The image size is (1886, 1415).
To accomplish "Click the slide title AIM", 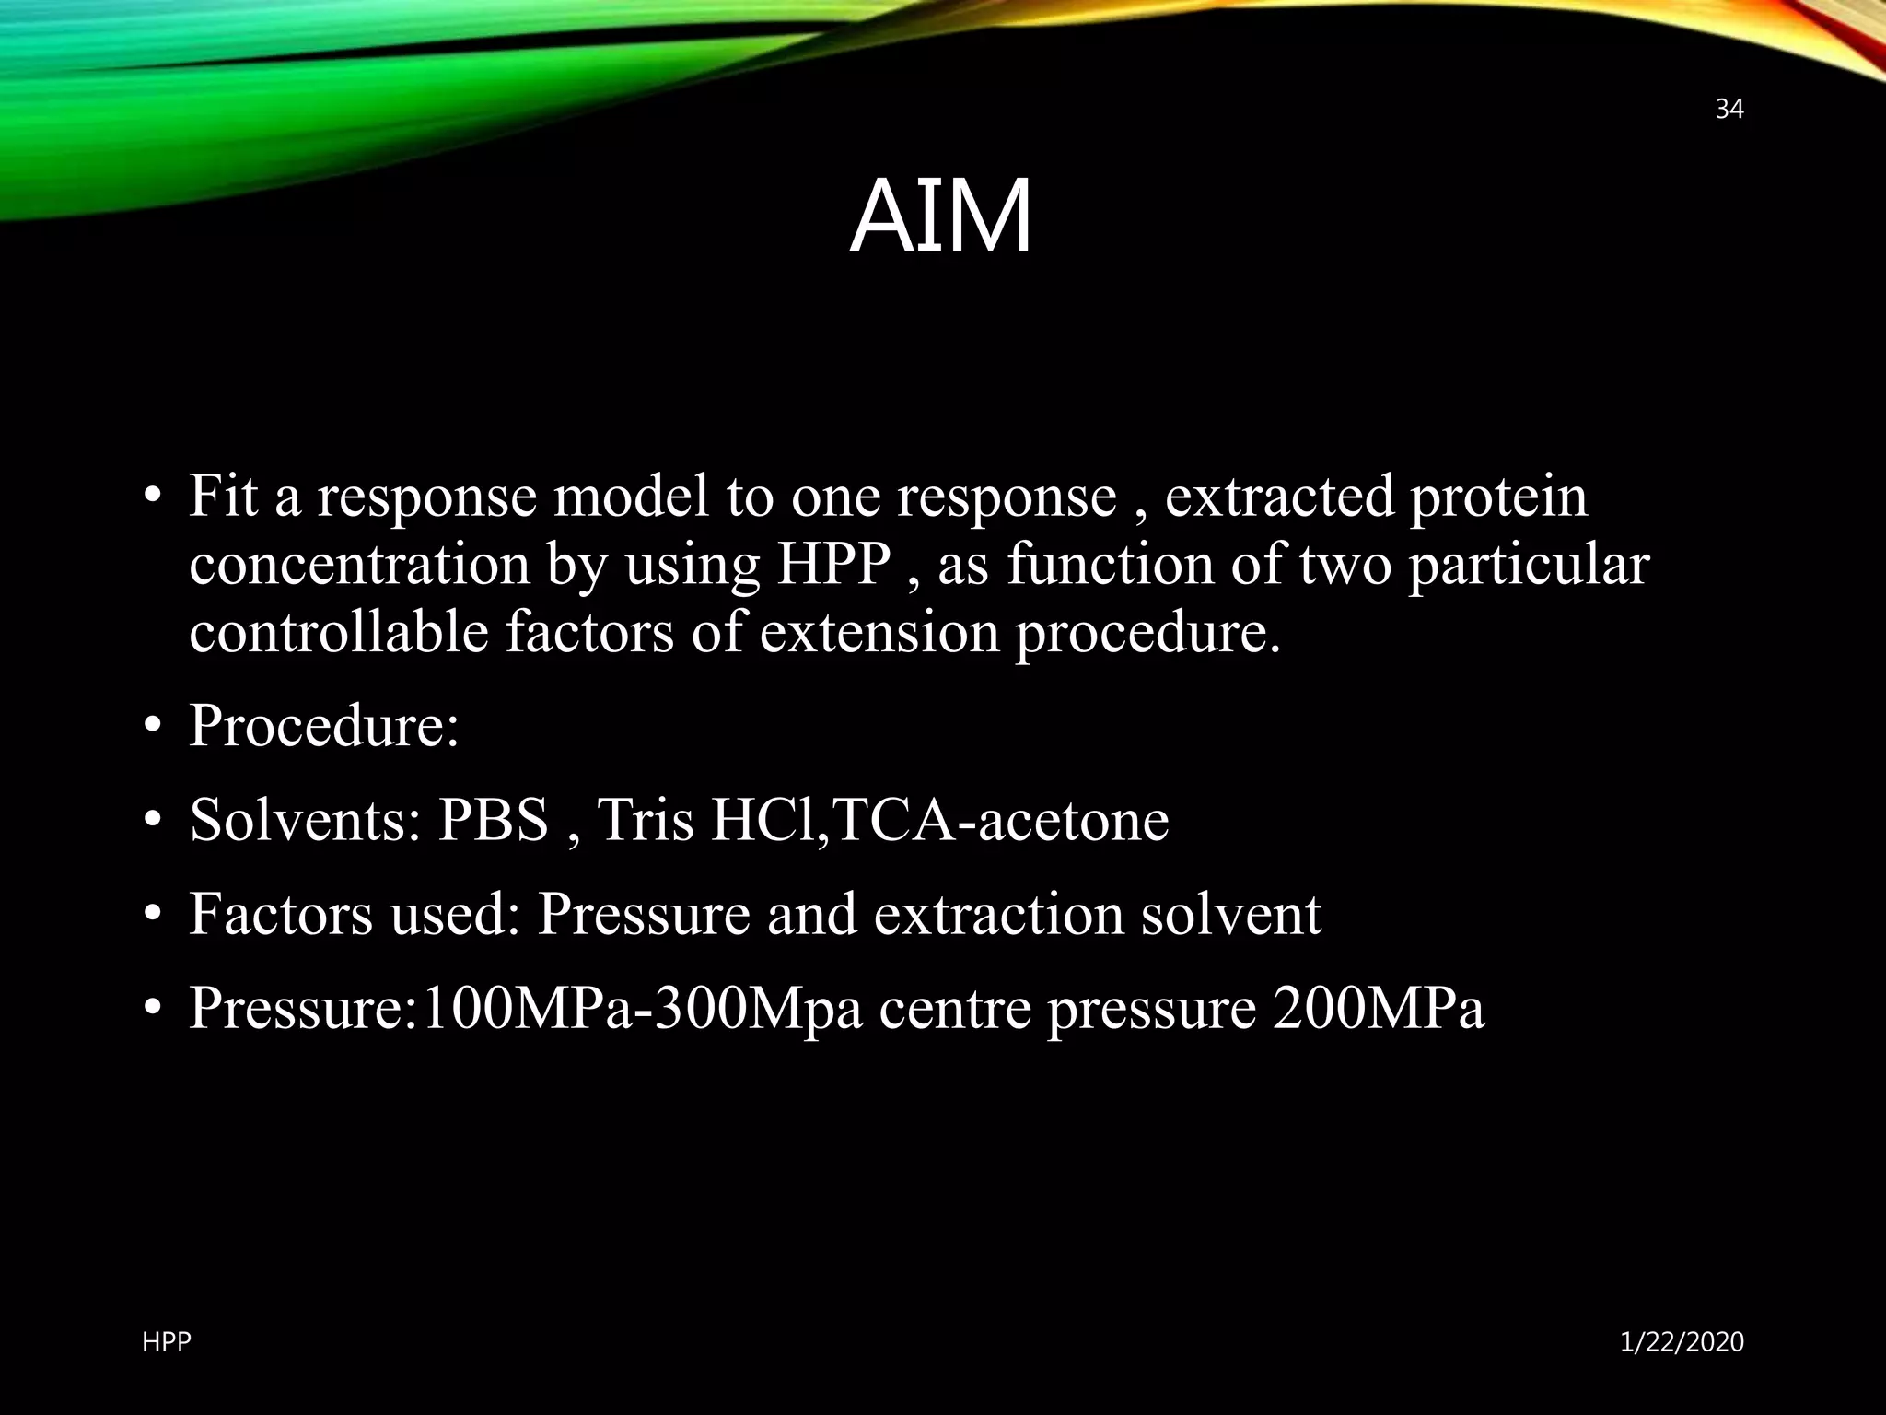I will pos(940,218).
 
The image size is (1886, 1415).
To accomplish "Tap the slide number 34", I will pos(1729,110).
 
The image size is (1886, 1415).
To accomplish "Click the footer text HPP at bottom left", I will pos(167,1342).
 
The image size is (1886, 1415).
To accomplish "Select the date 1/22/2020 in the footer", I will pos(1682,1342).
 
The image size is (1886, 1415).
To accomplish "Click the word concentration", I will pos(359,565).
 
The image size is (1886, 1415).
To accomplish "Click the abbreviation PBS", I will pos(493,819).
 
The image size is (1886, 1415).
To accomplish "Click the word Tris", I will pos(645,819).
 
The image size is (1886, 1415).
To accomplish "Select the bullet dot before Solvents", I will pos(153,820).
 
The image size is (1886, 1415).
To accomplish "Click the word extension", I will pos(879,634).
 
